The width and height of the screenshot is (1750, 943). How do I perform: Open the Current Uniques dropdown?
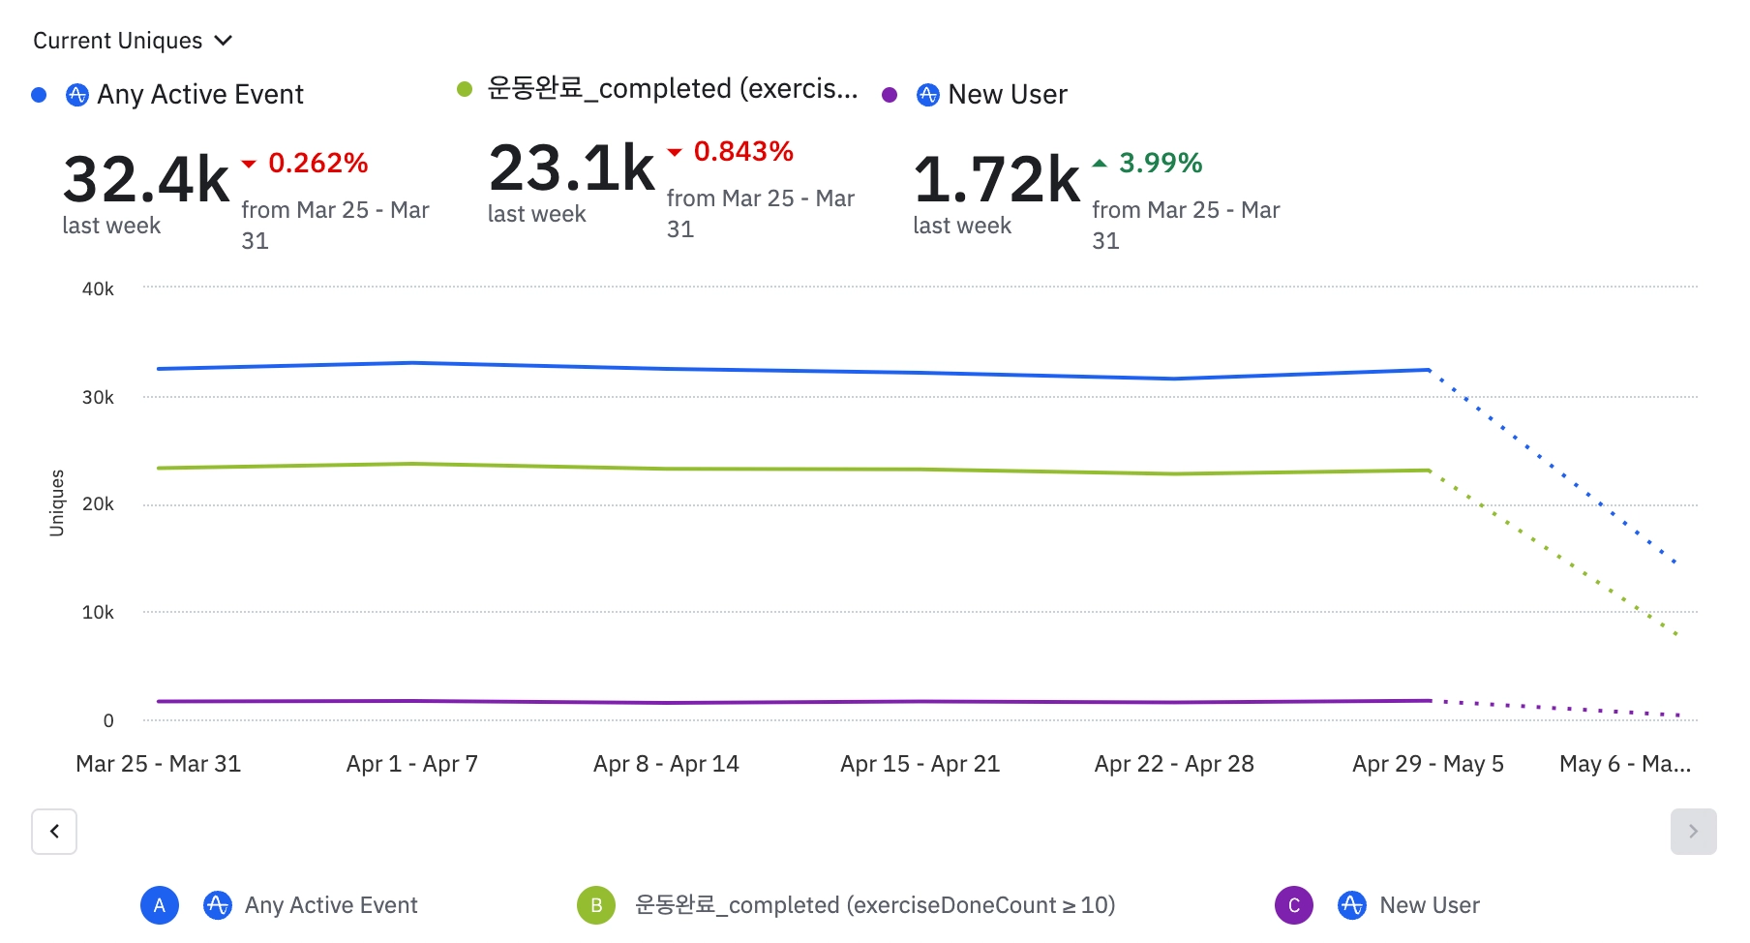pos(133,41)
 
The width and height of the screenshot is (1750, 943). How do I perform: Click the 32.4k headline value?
pos(145,179)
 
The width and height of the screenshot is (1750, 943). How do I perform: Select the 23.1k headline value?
pos(571,168)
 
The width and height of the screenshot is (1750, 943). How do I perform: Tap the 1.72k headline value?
pos(996,179)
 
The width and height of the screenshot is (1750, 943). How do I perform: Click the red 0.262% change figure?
pos(317,163)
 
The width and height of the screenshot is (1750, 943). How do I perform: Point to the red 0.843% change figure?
pos(742,151)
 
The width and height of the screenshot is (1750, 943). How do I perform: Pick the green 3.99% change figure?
pos(1160,163)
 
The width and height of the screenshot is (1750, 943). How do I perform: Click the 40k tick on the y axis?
pos(98,289)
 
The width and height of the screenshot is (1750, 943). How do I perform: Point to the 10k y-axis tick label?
pos(98,612)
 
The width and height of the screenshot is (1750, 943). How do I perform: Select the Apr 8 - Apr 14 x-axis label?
pos(666,764)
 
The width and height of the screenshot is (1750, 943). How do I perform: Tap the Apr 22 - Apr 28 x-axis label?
pos(1174,764)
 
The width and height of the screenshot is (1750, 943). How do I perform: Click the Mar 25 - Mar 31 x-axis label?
pos(159,764)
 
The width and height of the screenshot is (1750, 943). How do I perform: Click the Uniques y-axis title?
pos(57,502)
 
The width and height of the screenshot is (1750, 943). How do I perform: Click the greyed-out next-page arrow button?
pos(1693,831)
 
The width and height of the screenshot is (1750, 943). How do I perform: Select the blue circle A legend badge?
pos(160,905)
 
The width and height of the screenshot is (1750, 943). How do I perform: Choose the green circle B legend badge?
pos(596,905)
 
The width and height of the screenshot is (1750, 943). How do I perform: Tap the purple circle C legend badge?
pos(1294,905)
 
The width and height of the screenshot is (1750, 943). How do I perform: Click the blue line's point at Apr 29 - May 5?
pos(1429,370)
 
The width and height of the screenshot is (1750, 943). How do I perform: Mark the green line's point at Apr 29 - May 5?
pos(1429,471)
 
